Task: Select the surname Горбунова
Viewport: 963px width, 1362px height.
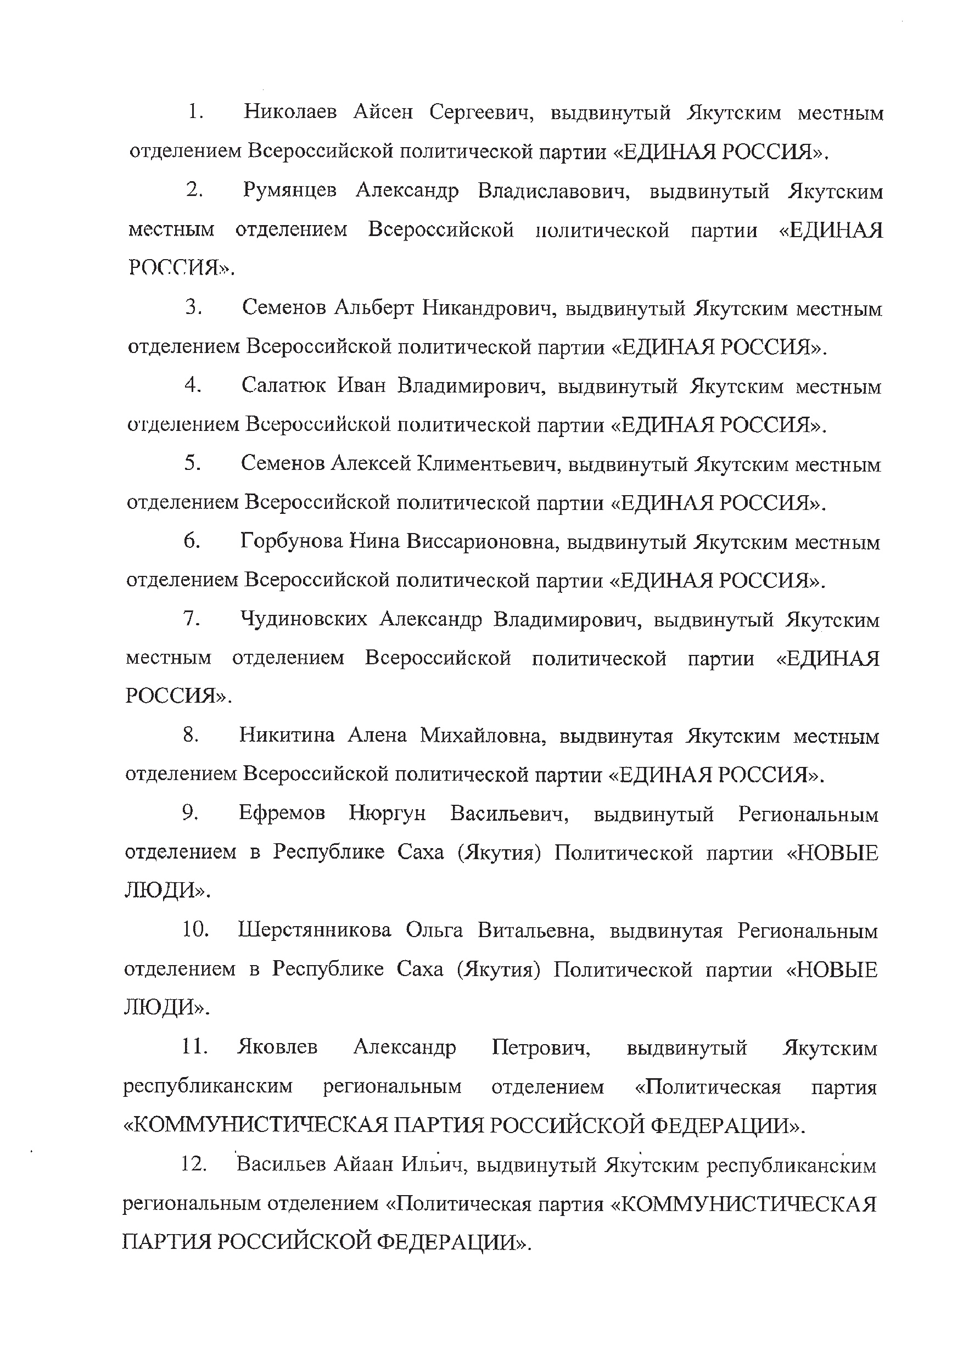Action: point(292,542)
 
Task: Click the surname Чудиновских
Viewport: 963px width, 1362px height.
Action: point(303,619)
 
